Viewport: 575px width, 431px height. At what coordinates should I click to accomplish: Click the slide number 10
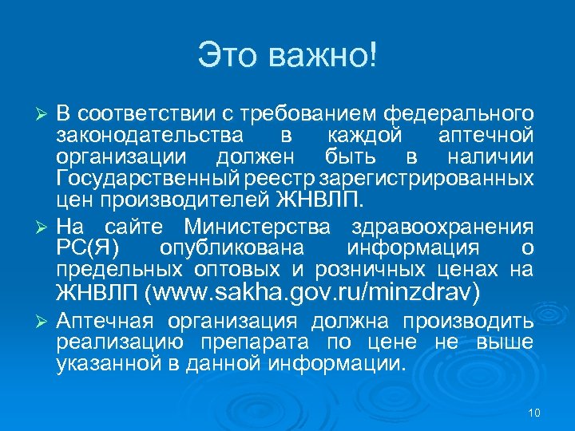point(534,412)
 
